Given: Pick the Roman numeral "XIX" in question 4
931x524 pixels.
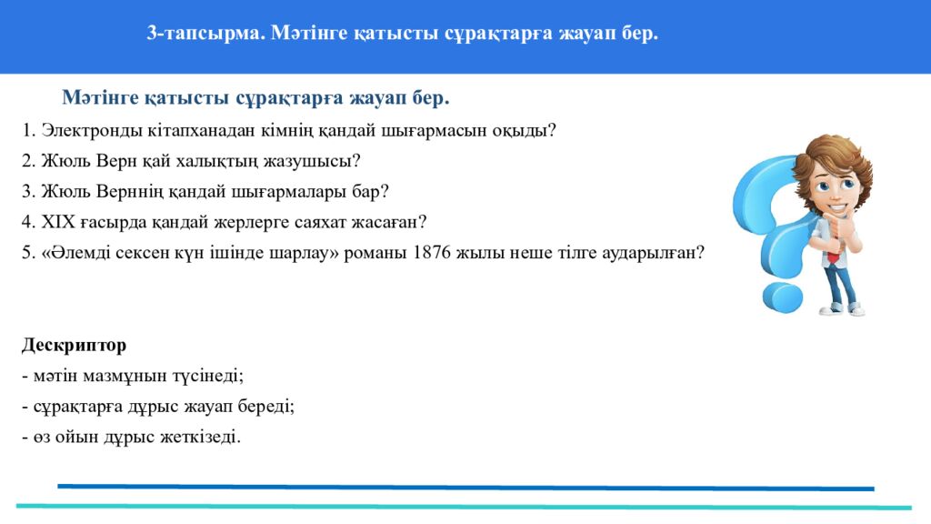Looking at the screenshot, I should click(x=55, y=222).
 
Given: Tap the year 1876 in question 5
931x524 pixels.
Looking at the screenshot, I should click(x=431, y=253).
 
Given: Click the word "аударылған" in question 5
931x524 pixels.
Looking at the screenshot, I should click(x=655, y=253).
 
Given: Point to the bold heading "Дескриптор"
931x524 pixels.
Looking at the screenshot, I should click(x=74, y=346).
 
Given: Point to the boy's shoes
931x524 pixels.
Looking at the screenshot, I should click(x=843, y=309).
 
